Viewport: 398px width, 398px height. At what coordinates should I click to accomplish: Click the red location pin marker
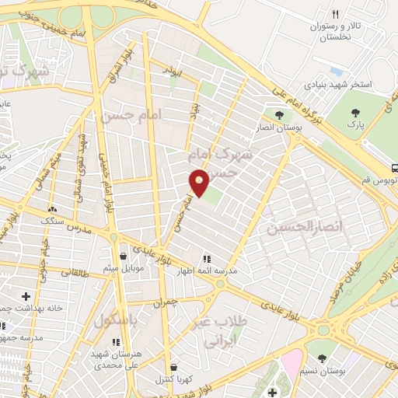click(x=200, y=183)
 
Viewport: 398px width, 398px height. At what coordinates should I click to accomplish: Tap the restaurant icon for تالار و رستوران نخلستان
click(x=336, y=14)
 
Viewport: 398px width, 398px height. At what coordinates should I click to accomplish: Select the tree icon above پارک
click(x=357, y=113)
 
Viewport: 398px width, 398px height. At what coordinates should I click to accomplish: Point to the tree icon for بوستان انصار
click(x=279, y=115)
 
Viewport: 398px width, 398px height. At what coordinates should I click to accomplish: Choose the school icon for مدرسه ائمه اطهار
click(x=206, y=259)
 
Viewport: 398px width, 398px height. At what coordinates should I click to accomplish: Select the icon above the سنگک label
click(x=53, y=209)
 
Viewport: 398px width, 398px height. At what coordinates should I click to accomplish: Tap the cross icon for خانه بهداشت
click(x=27, y=296)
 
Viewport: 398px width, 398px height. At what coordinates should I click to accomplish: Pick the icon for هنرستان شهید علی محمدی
click(x=117, y=342)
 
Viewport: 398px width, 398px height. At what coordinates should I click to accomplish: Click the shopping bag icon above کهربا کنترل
click(x=173, y=367)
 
